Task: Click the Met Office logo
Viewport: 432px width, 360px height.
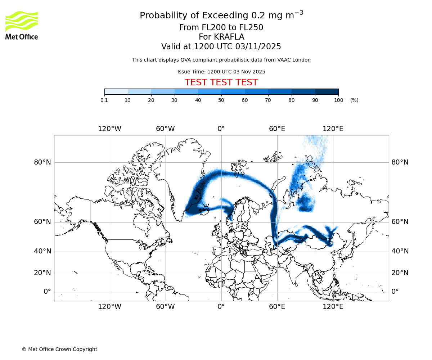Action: [x=22, y=25]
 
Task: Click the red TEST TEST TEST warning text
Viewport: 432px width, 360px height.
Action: [x=221, y=82]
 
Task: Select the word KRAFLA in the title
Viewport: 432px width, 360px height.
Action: [x=229, y=37]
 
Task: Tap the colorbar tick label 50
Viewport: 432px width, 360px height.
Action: [x=221, y=100]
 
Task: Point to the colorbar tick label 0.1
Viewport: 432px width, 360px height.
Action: [x=104, y=100]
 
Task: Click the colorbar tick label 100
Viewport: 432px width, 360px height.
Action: [x=338, y=100]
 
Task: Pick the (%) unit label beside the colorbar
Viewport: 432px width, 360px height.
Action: [x=354, y=100]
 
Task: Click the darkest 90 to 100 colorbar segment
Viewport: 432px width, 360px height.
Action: [x=327, y=92]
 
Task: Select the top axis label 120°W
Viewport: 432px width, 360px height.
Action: [x=109, y=129]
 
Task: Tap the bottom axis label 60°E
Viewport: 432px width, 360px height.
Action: [x=277, y=307]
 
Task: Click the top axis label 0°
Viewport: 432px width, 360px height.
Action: [x=221, y=129]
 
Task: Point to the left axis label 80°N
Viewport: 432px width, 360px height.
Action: [x=42, y=162]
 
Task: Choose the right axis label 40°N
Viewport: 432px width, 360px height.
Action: [x=400, y=251]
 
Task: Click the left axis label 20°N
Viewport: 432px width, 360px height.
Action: [x=42, y=273]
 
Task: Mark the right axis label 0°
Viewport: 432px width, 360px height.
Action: [x=395, y=292]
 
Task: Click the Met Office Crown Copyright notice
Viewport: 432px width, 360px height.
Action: [x=59, y=349]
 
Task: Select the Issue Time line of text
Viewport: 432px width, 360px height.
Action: [x=221, y=72]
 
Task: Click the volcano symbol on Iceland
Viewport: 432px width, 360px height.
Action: [x=206, y=207]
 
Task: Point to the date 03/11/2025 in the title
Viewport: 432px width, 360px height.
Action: [x=258, y=47]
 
